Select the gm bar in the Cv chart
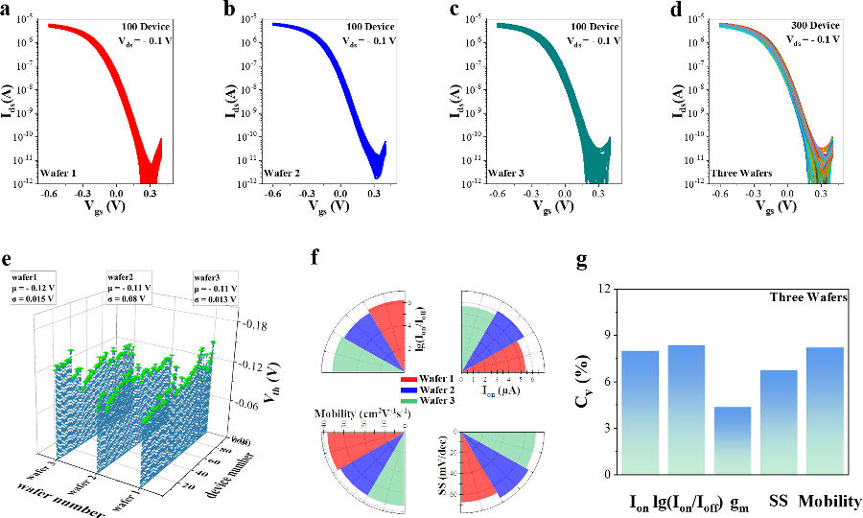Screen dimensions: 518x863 pyautogui.click(x=732, y=440)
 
